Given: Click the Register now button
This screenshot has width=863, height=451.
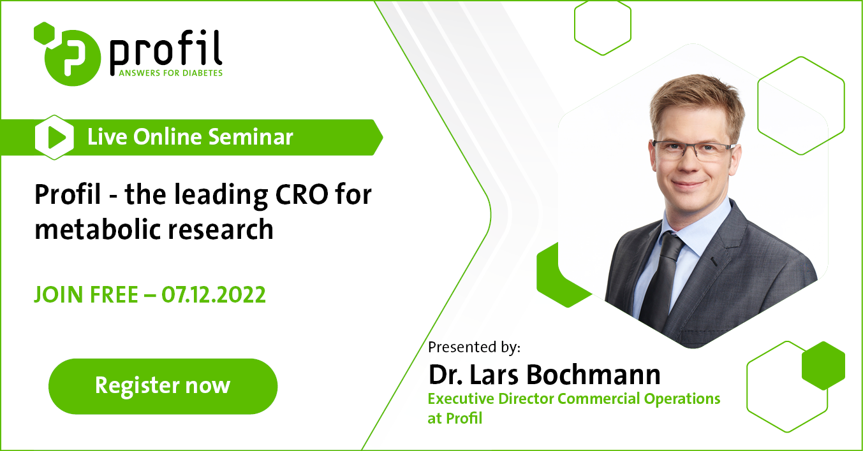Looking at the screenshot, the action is [x=163, y=387].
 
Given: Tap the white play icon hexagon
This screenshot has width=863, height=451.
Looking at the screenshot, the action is [x=54, y=138].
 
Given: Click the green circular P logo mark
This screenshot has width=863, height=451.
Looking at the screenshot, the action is [x=73, y=58].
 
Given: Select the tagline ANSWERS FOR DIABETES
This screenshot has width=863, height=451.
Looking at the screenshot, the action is [x=171, y=73].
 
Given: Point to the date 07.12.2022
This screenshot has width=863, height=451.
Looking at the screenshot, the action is [x=214, y=295].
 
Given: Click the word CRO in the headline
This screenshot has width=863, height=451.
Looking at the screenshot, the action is [x=302, y=194].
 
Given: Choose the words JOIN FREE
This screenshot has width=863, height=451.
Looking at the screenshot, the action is [x=86, y=295].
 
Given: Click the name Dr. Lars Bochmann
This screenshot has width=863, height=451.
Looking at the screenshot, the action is [x=544, y=375].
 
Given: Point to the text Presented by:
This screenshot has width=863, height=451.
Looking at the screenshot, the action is [x=475, y=347].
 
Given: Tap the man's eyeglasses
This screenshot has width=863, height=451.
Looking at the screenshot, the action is [x=692, y=148].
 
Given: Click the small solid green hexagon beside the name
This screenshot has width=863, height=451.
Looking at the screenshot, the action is [x=823, y=366].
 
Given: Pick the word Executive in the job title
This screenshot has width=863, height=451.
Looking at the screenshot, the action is [x=461, y=399].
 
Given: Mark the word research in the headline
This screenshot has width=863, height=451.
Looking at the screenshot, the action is [x=220, y=229].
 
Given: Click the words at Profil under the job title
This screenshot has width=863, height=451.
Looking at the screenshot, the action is [x=455, y=419].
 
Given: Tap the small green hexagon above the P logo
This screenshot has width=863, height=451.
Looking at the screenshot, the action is [x=45, y=32].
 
